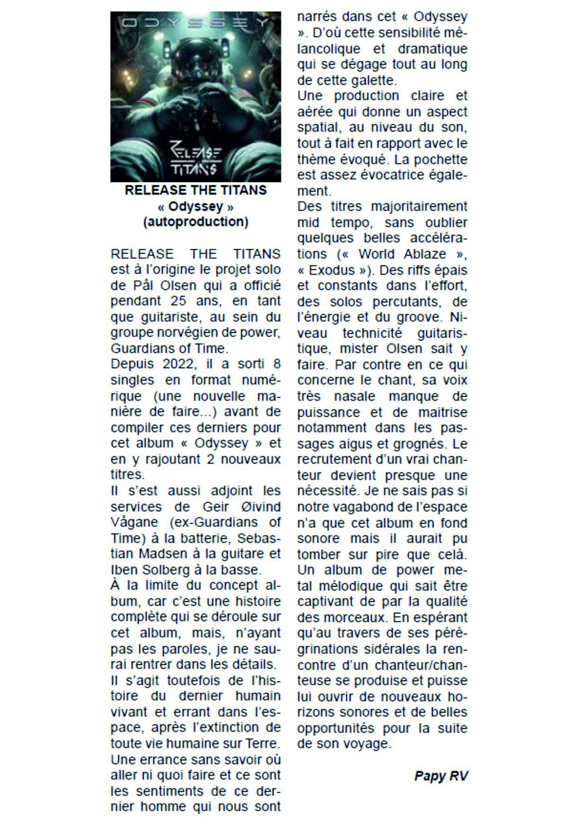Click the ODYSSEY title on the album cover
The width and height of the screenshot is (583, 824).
[x=195, y=23]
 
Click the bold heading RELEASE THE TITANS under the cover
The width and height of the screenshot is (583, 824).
[x=196, y=190]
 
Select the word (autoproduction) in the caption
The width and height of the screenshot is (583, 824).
[x=196, y=222]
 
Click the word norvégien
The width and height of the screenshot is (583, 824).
[x=178, y=333]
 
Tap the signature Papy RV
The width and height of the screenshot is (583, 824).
[x=441, y=776]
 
